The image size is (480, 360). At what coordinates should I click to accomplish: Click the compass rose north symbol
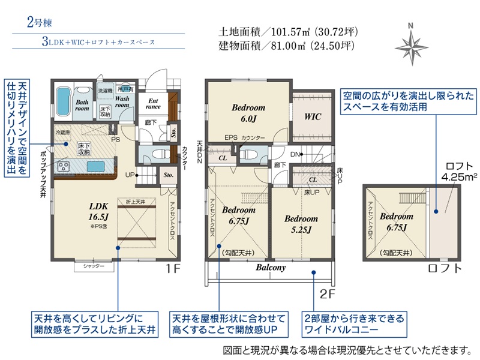pyautogui.click(x=410, y=43)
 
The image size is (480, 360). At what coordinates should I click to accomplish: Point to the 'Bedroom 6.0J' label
pyautogui.click(x=248, y=113)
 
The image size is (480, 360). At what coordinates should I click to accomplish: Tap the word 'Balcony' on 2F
pyautogui.click(x=271, y=268)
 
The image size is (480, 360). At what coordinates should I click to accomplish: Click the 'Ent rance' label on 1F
pyautogui.click(x=153, y=104)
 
